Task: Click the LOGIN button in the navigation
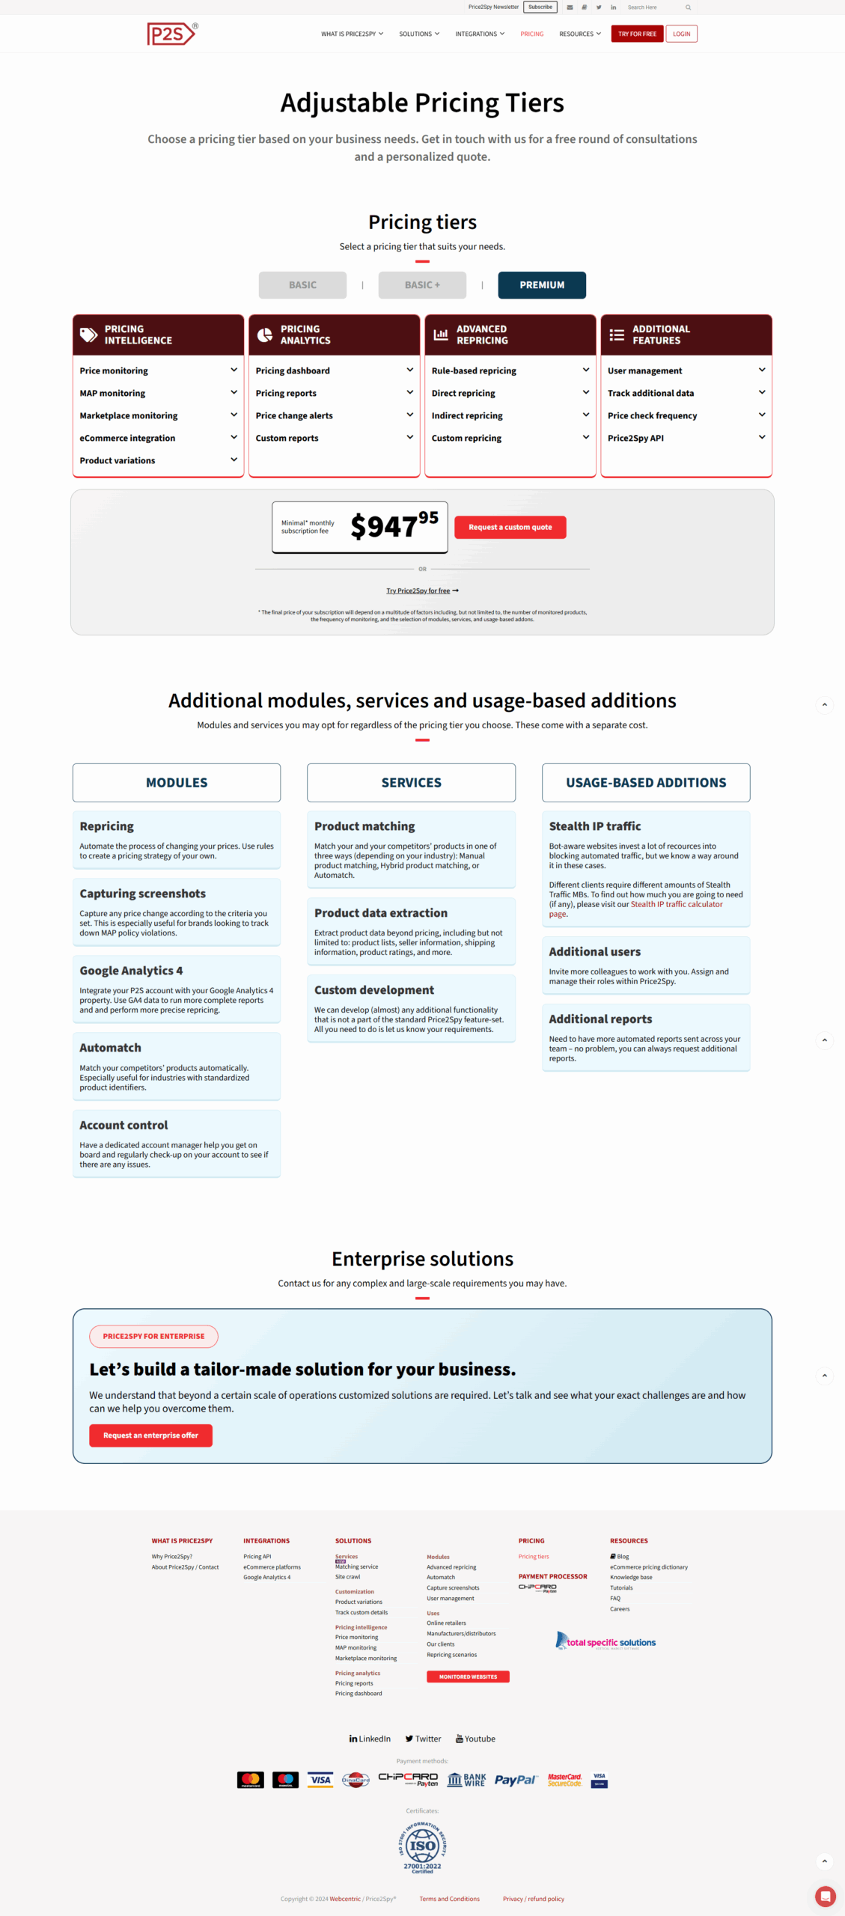[681, 34]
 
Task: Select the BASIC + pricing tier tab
[422, 285]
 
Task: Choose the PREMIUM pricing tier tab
[542, 285]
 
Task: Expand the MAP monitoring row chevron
[234, 392]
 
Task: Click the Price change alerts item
[294, 415]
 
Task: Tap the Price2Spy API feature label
[635, 438]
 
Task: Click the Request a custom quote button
[510, 527]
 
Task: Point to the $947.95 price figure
[394, 525]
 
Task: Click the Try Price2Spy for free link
[418, 591]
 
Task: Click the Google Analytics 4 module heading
[131, 971]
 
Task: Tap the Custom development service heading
[373, 990]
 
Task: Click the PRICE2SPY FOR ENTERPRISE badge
[153, 1336]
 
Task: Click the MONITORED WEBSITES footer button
[468, 1676]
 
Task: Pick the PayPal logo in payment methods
[515, 1780]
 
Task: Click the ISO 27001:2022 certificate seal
[422, 1846]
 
